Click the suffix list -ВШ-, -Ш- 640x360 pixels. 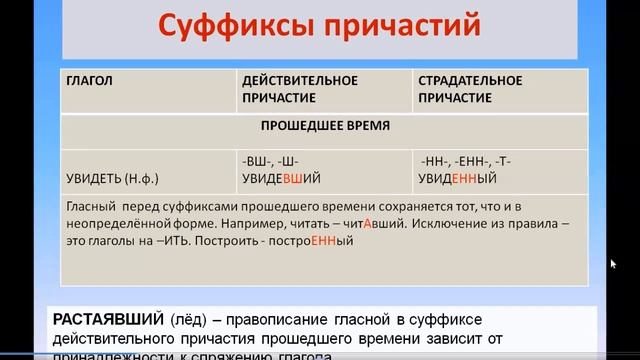click(270, 160)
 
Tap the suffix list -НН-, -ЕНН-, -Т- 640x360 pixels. click(467, 160)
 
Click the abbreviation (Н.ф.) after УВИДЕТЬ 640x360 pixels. click(150, 177)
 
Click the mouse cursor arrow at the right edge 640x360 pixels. click(613, 264)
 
